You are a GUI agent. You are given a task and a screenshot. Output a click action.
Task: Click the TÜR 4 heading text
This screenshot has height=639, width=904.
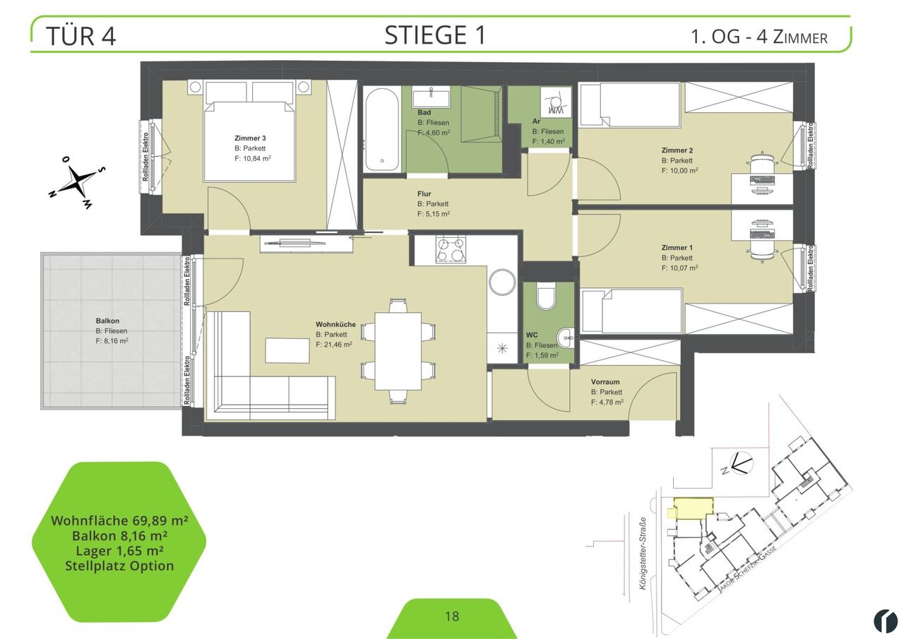click(x=81, y=36)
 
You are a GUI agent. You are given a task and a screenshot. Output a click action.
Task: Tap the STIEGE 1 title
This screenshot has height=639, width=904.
click(x=435, y=35)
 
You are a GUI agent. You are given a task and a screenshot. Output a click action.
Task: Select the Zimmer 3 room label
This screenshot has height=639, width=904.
click(x=250, y=138)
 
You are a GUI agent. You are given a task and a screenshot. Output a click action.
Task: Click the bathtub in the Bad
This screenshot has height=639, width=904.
click(x=382, y=130)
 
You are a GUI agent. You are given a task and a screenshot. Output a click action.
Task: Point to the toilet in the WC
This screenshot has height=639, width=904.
click(x=546, y=296)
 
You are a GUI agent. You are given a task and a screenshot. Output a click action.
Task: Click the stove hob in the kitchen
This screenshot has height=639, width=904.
click(x=451, y=250)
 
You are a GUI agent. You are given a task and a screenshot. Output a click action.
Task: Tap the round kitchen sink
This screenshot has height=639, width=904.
click(x=502, y=282)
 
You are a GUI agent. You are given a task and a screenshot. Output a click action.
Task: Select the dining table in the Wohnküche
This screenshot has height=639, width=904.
click(x=398, y=351)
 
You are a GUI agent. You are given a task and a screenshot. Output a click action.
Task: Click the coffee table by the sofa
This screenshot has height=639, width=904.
click(x=287, y=350)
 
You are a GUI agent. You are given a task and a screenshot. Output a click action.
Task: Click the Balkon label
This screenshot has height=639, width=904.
click(x=107, y=321)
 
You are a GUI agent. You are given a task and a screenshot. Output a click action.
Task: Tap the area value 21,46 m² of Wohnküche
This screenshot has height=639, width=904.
click(x=334, y=345)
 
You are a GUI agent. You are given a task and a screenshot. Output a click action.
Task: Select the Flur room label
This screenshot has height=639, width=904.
click(x=424, y=193)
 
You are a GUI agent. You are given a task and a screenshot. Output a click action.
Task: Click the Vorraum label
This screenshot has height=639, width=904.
click(x=605, y=381)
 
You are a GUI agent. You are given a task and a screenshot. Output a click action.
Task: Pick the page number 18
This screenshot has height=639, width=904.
click(x=452, y=616)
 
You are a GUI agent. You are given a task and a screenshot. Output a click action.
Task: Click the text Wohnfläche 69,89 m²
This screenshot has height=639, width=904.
click(x=119, y=520)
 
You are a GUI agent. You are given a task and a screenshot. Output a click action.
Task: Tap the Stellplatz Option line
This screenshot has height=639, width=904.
click(x=119, y=566)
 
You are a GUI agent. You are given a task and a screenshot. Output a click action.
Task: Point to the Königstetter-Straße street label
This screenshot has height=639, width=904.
click(x=643, y=554)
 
